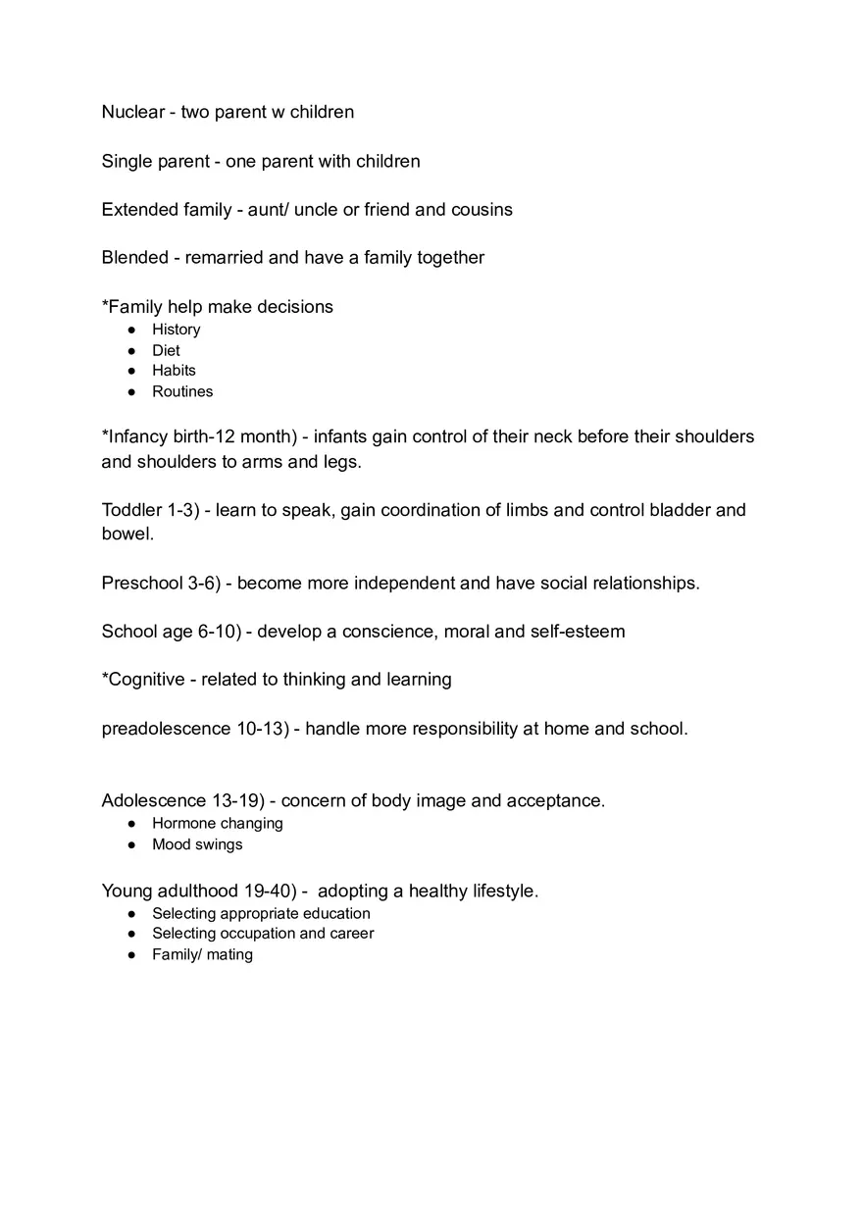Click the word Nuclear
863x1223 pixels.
(132, 112)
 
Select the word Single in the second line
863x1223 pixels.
(127, 161)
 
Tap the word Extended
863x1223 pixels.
(139, 209)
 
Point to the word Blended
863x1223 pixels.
(134, 257)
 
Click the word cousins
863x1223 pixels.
(482, 209)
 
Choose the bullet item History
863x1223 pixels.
(176, 330)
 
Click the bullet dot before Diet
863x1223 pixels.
(131, 350)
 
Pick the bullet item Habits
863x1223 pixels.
(174, 371)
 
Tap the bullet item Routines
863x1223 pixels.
(181, 391)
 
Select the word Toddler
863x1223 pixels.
(132, 510)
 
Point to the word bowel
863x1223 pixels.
(127, 535)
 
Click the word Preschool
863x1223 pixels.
(142, 583)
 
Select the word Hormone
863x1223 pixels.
(182, 824)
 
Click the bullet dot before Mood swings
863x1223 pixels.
(131, 844)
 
